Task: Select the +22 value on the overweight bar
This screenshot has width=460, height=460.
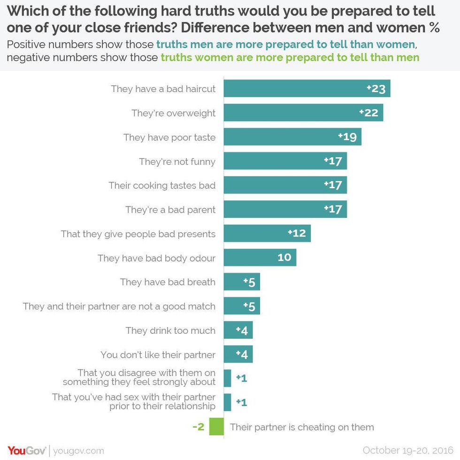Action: coord(369,113)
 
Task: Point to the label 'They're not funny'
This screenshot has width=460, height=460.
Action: coord(177,161)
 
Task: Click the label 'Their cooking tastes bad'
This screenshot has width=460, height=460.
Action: coord(162,185)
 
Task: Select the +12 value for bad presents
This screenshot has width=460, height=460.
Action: coord(297,233)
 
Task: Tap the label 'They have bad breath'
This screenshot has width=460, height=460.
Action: coord(168,282)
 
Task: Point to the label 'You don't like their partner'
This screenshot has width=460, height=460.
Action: coord(158,355)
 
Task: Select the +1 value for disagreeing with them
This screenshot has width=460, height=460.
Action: coord(241,378)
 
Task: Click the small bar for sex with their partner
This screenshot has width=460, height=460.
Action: coord(228,402)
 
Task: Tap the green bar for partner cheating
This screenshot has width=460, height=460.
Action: coord(216,427)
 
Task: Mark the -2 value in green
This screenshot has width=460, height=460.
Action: coord(199,427)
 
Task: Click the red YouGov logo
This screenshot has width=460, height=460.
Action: coord(26,451)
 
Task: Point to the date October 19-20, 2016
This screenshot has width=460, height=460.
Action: coord(407,450)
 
